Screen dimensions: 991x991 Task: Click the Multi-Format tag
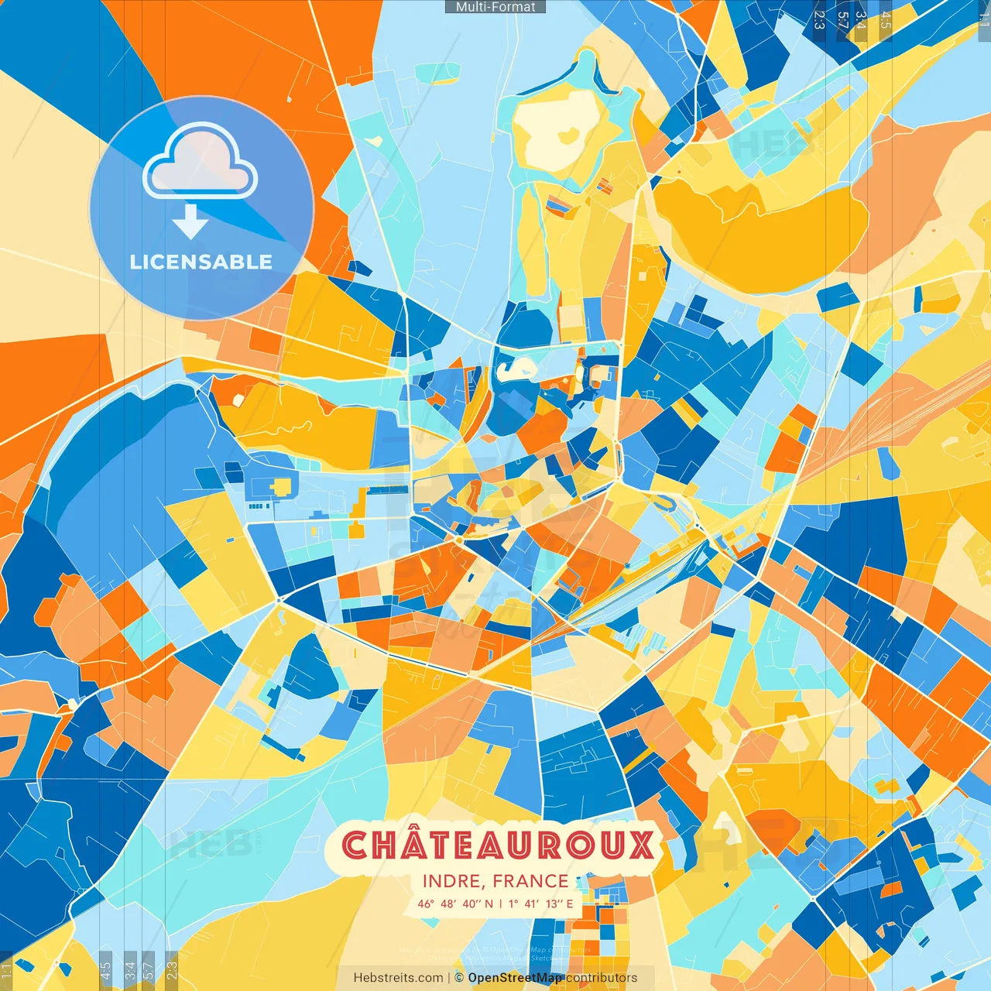[x=495, y=7]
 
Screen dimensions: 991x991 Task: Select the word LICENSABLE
[x=201, y=262]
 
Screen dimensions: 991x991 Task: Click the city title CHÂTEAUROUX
[x=498, y=845]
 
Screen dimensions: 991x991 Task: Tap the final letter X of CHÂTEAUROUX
[x=640, y=845]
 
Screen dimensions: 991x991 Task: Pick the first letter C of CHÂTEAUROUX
[x=355, y=845]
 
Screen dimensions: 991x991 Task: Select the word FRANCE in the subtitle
[x=530, y=881]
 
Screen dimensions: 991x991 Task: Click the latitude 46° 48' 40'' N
[x=455, y=904]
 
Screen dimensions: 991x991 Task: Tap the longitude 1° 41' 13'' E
[x=541, y=904]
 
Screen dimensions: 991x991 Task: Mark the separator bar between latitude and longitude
[x=500, y=904]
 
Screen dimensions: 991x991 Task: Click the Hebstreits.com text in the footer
[x=399, y=978]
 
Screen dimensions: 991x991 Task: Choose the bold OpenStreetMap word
[x=515, y=978]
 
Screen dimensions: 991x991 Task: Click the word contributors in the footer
[x=602, y=978]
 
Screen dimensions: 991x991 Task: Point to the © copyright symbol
[x=458, y=978]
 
